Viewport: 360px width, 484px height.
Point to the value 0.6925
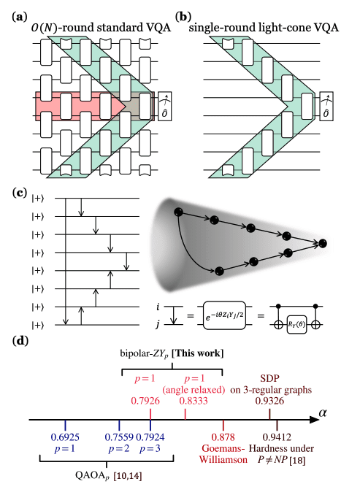(64, 437)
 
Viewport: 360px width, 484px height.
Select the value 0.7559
(118, 437)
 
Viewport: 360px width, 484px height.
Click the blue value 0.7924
(150, 437)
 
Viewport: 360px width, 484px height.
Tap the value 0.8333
(186, 400)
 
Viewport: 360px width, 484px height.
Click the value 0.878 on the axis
(223, 437)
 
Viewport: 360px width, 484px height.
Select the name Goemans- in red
(223, 447)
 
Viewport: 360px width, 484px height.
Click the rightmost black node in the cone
(323, 242)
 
